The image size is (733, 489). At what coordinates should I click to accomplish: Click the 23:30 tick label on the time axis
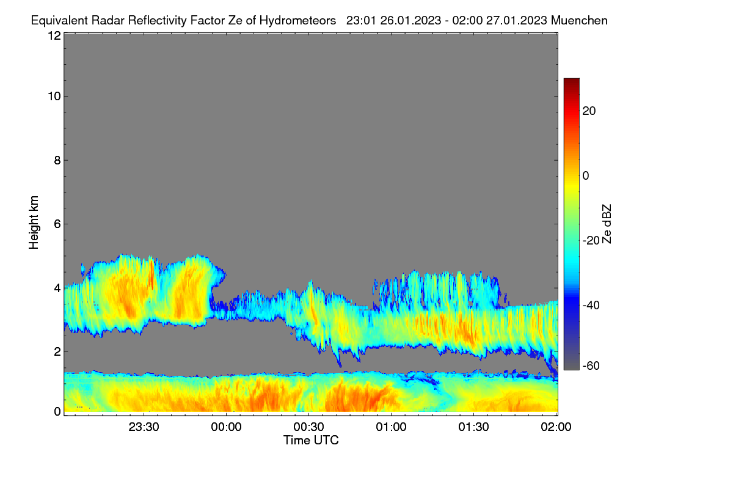tap(144, 427)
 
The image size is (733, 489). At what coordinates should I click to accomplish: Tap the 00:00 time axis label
tap(226, 427)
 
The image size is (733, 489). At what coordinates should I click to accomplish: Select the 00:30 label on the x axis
tap(308, 427)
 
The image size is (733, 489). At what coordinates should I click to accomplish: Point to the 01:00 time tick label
tap(391, 427)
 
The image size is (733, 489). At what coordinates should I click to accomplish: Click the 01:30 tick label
tap(473, 427)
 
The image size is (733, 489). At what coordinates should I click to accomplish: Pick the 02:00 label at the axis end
tap(556, 427)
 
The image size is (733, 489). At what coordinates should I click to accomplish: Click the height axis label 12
tap(54, 35)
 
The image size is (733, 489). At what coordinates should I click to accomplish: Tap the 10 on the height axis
tap(54, 97)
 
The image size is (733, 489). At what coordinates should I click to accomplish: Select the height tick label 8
tap(57, 160)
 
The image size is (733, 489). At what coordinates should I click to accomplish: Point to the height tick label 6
tap(57, 224)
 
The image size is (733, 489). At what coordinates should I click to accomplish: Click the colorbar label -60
tap(591, 366)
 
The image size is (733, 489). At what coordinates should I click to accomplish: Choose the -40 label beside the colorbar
tap(591, 305)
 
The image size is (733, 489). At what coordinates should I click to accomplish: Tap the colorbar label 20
tap(589, 111)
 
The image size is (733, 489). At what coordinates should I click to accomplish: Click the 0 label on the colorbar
tap(586, 176)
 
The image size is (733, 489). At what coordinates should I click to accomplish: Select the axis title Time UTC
tap(311, 440)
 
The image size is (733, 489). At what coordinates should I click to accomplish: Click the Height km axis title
tap(34, 222)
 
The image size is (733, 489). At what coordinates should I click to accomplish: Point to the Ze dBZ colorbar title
tap(607, 224)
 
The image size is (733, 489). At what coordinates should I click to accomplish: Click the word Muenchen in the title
tap(579, 21)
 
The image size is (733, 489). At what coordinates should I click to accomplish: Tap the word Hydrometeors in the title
tap(298, 21)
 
